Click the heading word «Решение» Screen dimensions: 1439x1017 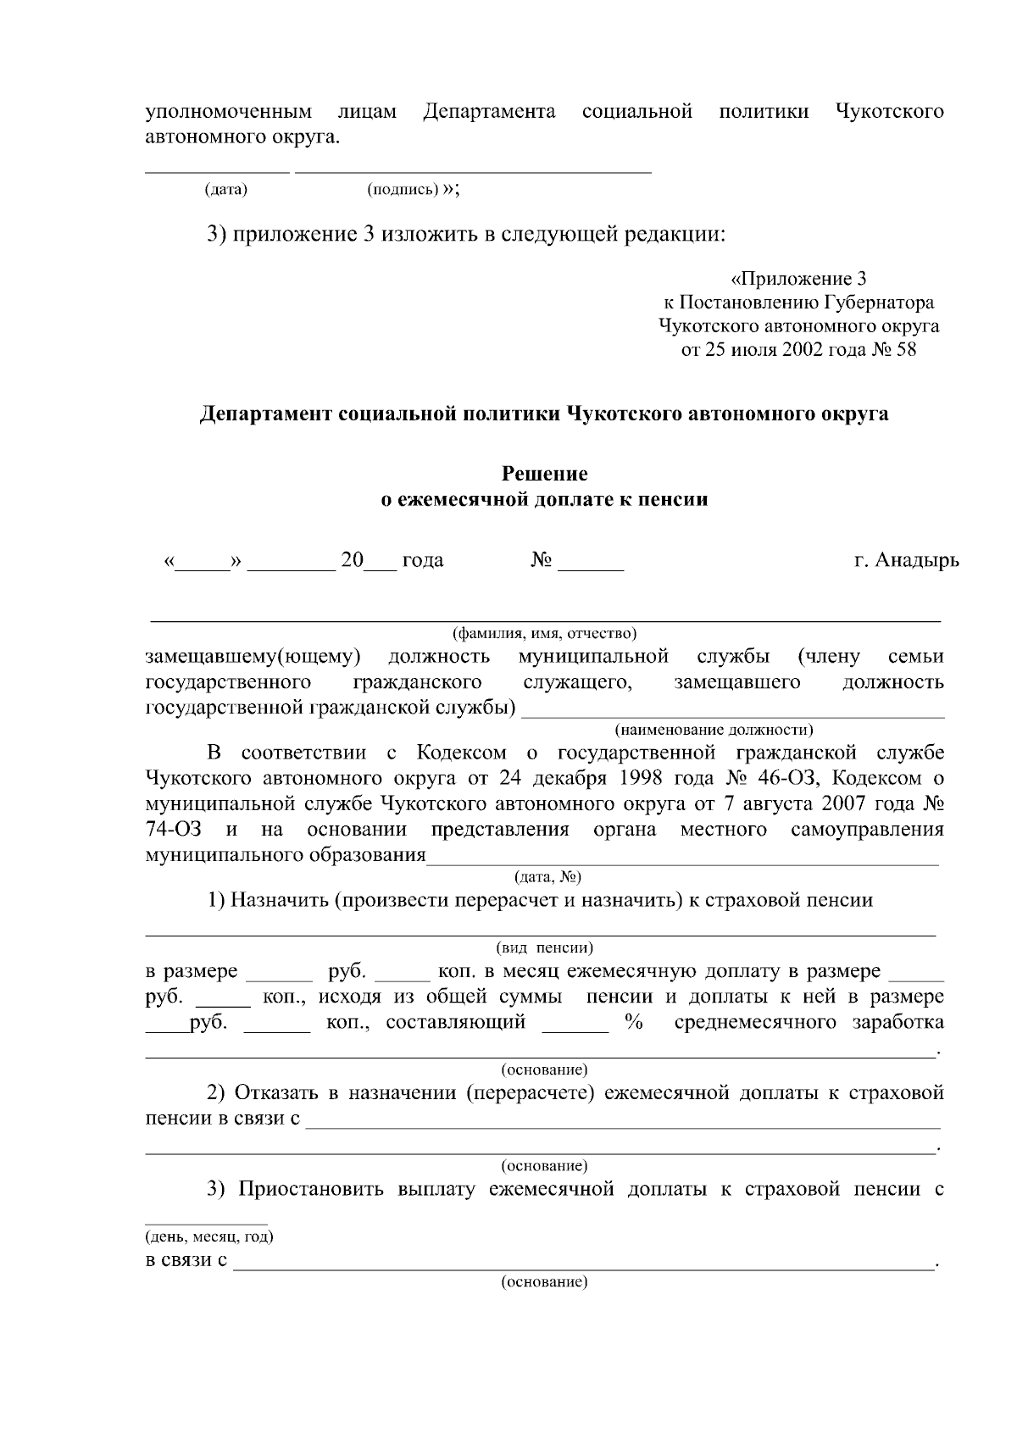544,473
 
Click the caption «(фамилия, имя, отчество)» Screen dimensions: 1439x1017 544,633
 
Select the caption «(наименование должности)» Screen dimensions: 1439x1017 713,729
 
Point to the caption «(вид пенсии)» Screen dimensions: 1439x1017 544,947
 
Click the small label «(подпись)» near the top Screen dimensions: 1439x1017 403,189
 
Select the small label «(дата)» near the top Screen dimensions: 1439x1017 226,189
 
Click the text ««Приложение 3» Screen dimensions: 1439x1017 797,279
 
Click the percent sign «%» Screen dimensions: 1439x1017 632,1022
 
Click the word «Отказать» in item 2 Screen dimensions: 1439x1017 277,1092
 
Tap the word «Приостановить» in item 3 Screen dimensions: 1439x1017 310,1189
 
